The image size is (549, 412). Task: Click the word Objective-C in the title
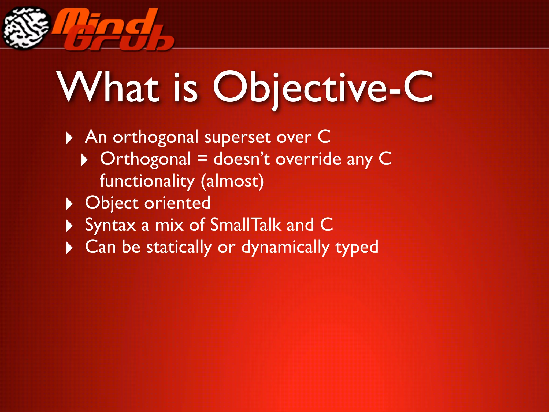[323, 87]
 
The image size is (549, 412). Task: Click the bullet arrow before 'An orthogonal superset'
[69, 138]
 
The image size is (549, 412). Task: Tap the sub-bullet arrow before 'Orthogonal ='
[84, 160]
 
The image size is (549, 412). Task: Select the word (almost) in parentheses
[232, 181]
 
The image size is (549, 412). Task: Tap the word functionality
[147, 181]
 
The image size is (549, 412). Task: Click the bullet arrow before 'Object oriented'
[69, 204]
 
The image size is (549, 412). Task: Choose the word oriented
[177, 203]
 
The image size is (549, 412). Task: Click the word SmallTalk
[245, 225]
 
